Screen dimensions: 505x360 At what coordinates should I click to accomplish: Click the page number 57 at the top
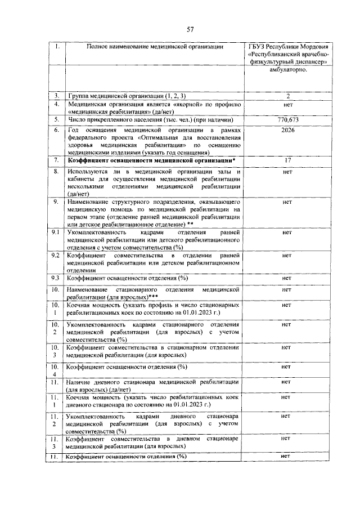(190, 30)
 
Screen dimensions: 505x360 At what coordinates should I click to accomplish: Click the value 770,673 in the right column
(287, 120)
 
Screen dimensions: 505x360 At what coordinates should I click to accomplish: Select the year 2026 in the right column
(287, 130)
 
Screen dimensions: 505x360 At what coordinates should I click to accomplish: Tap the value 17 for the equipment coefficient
(287, 160)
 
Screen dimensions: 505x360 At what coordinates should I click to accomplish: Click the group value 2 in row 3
(287, 96)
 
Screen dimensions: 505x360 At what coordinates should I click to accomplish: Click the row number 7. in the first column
(56, 161)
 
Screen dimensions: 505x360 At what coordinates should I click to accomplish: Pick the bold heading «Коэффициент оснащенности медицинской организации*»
(151, 161)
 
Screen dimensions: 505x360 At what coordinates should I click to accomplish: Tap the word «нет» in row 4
(287, 105)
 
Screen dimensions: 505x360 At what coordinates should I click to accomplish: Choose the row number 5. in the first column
(56, 120)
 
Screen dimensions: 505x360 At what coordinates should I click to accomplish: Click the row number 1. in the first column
(56, 46)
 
